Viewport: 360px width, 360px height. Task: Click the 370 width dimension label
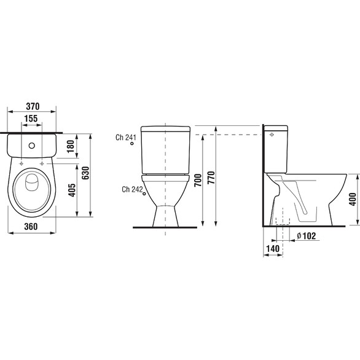(x=33, y=106)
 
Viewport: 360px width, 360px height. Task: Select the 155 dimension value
(x=31, y=119)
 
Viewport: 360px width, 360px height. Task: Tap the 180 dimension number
(x=71, y=146)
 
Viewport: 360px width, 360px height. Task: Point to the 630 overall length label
(x=85, y=173)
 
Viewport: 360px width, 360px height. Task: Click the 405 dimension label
(x=72, y=190)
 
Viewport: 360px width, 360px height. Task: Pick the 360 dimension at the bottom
(x=31, y=227)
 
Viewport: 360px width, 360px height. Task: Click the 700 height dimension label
(x=198, y=180)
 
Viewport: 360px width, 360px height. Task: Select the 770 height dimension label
(x=211, y=178)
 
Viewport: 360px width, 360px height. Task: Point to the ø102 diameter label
(x=307, y=236)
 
